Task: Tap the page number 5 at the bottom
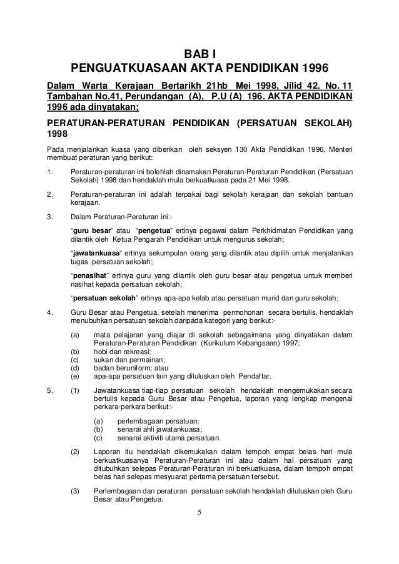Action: click(x=199, y=515)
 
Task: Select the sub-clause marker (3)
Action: click(x=75, y=490)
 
